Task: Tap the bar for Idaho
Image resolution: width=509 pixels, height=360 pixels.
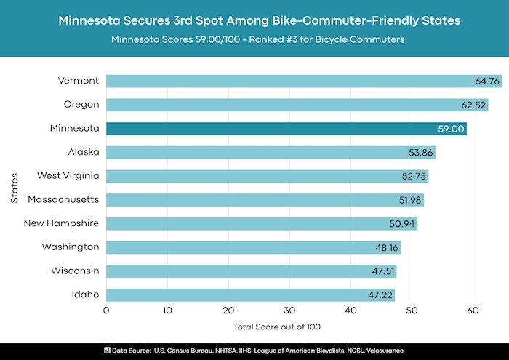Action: tap(247, 295)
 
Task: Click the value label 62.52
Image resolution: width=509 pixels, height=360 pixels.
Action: tap(473, 105)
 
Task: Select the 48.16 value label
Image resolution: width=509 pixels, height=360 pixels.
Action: tap(385, 247)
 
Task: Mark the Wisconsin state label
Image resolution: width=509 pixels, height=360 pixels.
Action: tap(75, 271)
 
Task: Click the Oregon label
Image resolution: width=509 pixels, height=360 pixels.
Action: tap(81, 105)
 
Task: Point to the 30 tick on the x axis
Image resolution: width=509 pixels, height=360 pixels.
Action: tap(289, 311)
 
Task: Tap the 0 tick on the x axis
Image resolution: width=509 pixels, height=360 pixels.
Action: tap(107, 311)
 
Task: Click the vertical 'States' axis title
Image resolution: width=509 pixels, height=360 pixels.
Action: tap(14, 188)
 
